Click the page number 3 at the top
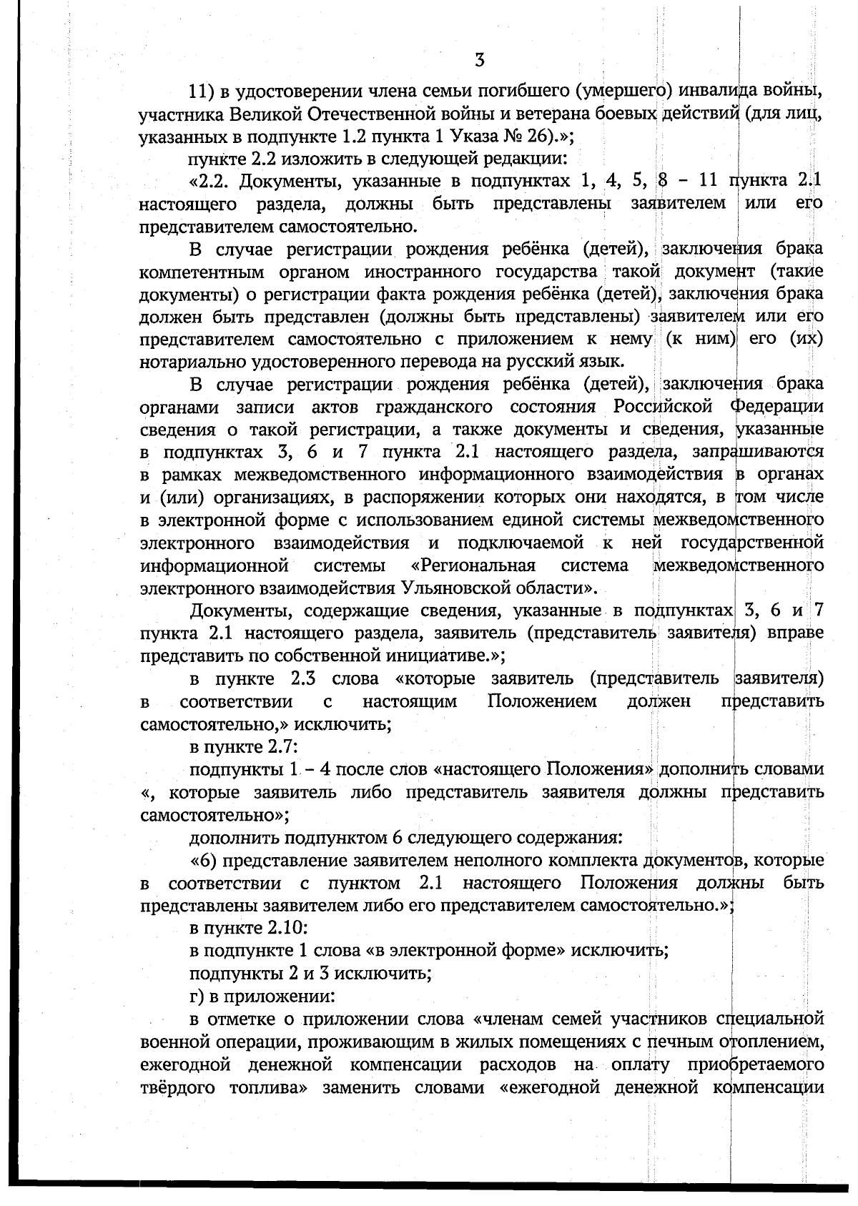480,60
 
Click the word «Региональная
473,565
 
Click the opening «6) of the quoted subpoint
202,860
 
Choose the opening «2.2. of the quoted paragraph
210,182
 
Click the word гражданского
429,407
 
